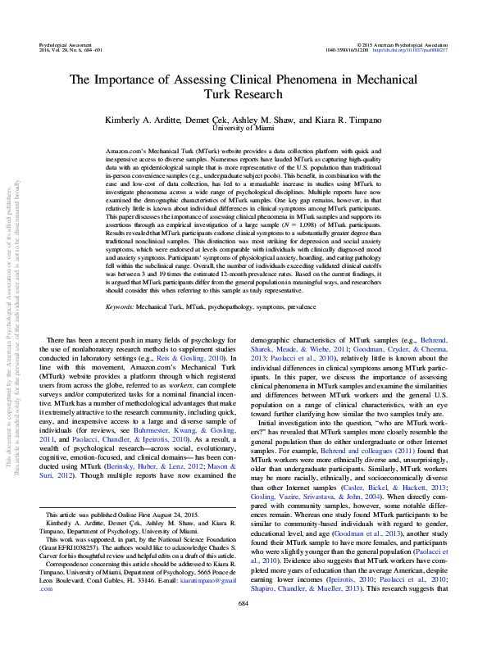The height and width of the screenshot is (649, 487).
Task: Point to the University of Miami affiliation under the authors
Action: [x=243, y=129]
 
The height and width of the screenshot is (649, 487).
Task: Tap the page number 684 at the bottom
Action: [x=243, y=626]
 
